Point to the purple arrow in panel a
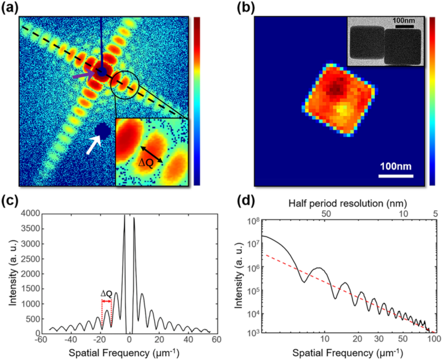click(83, 75)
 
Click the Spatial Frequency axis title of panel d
click(341, 353)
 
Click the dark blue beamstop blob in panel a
click(101, 131)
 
